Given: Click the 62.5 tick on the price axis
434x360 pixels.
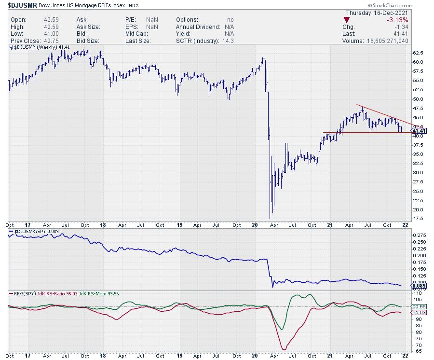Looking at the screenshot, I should click(x=418, y=53).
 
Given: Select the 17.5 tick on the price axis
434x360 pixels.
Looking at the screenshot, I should click(x=418, y=219).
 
